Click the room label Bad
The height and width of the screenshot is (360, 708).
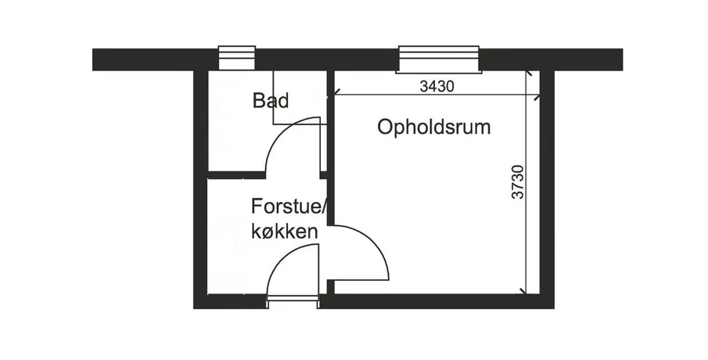(271, 100)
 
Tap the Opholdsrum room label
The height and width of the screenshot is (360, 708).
(434, 128)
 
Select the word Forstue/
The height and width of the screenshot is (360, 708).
(289, 207)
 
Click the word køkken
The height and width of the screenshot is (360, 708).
(285, 232)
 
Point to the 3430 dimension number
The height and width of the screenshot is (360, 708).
(437, 86)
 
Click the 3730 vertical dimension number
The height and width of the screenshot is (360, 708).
(519, 182)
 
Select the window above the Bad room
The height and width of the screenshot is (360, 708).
(237, 58)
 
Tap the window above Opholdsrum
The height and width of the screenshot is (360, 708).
(438, 59)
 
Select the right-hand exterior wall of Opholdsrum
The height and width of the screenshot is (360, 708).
(548, 189)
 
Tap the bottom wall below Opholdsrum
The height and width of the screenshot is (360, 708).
(436, 302)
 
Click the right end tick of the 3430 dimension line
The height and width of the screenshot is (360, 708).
(536, 95)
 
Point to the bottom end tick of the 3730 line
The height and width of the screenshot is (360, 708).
(523, 291)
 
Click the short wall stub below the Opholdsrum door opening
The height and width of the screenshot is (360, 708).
(330, 288)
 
